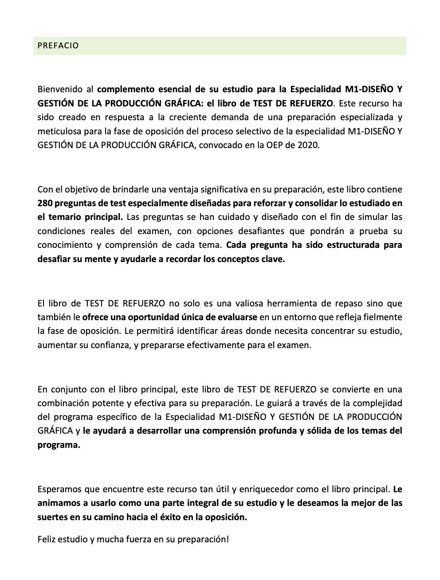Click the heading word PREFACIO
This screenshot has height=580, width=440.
(x=58, y=46)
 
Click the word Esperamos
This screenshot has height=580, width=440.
(x=59, y=490)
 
